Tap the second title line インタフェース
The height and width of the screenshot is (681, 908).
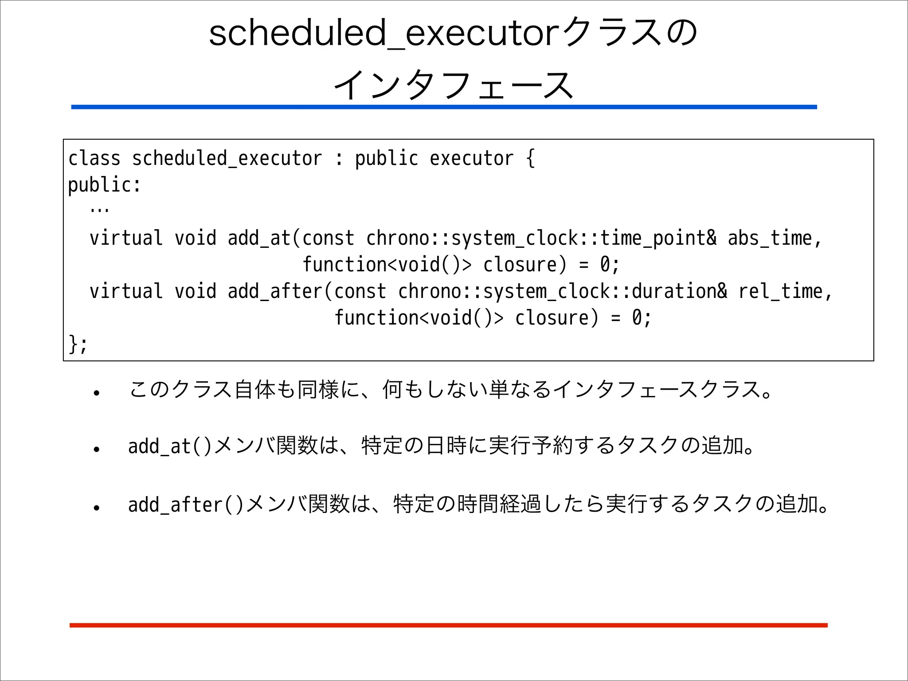point(453,85)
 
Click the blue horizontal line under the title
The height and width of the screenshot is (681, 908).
point(443,107)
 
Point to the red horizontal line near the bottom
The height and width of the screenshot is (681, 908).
point(448,625)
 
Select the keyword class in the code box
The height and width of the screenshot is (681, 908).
point(94,158)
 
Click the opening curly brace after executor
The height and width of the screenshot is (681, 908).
point(530,158)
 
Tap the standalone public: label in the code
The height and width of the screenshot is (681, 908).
point(104,185)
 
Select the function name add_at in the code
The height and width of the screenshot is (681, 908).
point(259,238)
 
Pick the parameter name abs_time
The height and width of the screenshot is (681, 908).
point(770,238)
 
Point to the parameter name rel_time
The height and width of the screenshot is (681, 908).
point(781,291)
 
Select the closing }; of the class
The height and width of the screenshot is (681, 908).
point(78,344)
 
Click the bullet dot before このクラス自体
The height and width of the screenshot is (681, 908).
point(96,393)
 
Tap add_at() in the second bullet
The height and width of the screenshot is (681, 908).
point(170,446)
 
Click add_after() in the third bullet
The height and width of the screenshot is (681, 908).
point(186,505)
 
